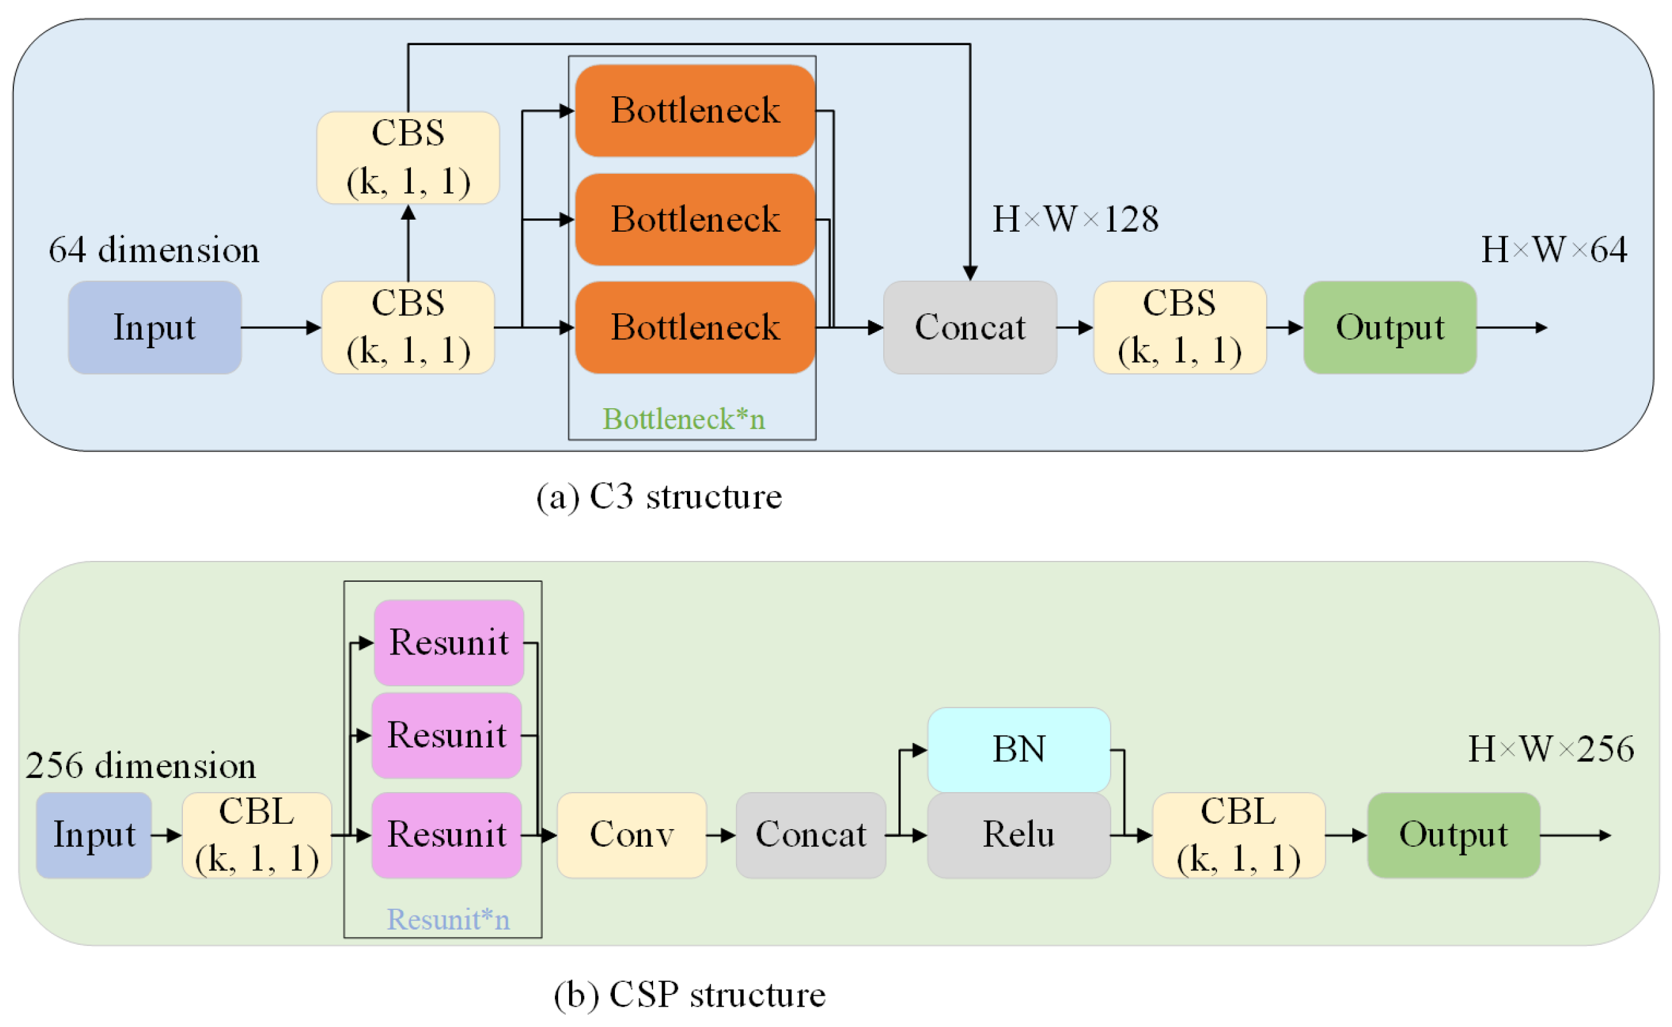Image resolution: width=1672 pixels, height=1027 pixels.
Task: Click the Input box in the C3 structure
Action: (154, 327)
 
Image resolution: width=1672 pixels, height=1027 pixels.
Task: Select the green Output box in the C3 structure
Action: (1389, 327)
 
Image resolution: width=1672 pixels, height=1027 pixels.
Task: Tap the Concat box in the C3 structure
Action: (969, 327)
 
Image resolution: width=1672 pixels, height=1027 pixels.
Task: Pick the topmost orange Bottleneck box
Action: (695, 110)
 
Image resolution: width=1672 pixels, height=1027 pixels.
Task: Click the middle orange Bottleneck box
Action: (695, 219)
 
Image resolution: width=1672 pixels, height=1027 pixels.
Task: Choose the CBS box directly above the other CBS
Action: (408, 157)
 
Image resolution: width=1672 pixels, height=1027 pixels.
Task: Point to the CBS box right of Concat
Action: (1179, 327)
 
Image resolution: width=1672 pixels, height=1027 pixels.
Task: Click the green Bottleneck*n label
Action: (684, 418)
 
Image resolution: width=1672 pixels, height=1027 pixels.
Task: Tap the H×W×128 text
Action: (1075, 219)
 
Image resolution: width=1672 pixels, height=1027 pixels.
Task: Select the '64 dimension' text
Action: (154, 250)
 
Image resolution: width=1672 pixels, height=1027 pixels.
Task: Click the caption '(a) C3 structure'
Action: (659, 497)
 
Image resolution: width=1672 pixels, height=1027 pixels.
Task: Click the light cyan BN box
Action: (1018, 749)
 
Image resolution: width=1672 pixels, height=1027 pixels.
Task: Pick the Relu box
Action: (1018, 834)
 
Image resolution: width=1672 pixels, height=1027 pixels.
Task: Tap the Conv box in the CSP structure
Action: (631, 834)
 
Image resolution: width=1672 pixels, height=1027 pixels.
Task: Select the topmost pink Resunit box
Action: (449, 642)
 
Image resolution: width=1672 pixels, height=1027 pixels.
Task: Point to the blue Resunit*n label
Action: (448, 919)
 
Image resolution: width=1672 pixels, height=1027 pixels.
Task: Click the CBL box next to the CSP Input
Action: (256, 834)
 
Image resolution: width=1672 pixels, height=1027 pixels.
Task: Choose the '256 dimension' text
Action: (141, 765)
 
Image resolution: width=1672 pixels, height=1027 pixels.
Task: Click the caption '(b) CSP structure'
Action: (689, 995)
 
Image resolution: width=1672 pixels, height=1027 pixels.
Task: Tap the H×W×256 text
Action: (1550, 749)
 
